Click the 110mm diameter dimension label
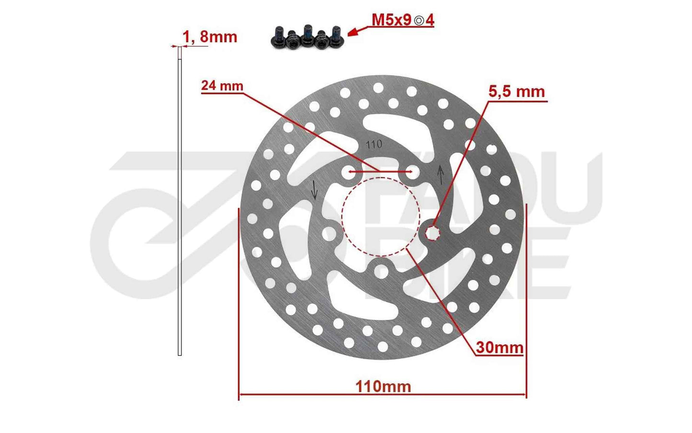pyautogui.click(x=383, y=386)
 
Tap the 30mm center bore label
pyautogui.click(x=499, y=347)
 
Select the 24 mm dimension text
pyautogui.click(x=222, y=86)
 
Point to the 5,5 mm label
pyautogui.click(x=516, y=91)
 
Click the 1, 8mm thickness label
pyautogui.click(x=209, y=37)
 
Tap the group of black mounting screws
pyautogui.click(x=307, y=37)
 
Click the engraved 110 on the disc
pyautogui.click(x=374, y=144)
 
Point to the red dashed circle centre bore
pyautogui.click(x=381, y=217)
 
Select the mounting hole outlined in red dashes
pyautogui.click(x=433, y=233)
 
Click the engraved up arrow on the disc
pyautogui.click(x=441, y=175)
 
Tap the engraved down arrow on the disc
pyautogui.click(x=314, y=190)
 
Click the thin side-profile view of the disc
pyautogui.click(x=180, y=201)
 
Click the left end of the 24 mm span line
pyautogui.click(x=351, y=172)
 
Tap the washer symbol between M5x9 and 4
pyautogui.click(x=419, y=21)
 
